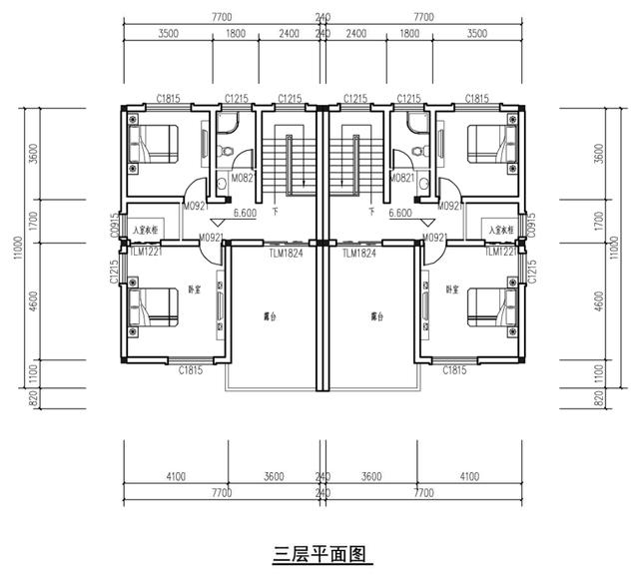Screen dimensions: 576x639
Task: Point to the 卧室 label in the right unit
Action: pos(452,289)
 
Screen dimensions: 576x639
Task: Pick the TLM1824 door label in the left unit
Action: pos(285,255)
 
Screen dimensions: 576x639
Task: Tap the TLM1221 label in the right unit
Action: pos(500,252)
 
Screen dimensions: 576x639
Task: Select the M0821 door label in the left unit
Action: pos(244,178)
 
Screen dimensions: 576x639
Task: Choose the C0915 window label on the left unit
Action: pos(115,225)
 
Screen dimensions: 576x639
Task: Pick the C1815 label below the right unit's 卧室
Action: pos(454,371)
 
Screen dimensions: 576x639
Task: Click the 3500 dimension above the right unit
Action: pos(477,33)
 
